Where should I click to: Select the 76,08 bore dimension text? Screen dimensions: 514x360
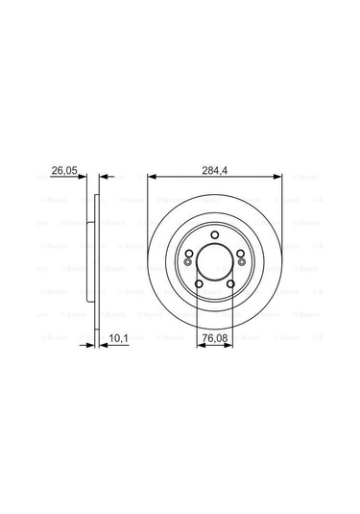coord(215,336)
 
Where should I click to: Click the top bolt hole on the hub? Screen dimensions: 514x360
coord(215,237)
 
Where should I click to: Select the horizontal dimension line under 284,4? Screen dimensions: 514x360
coord(215,178)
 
